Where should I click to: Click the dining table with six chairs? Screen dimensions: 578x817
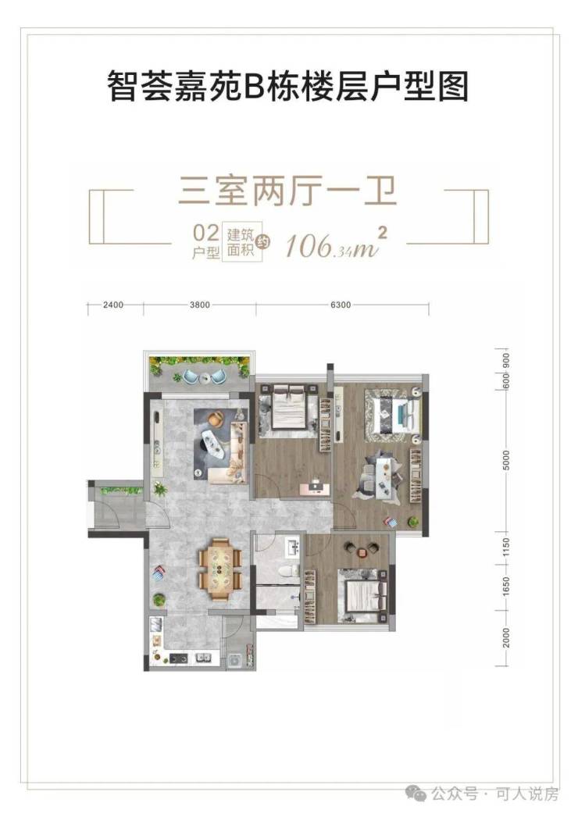tap(220, 568)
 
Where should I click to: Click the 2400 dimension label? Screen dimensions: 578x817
tap(113, 305)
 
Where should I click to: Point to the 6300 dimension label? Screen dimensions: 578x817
tap(340, 305)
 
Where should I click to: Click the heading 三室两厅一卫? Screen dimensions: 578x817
tap(288, 191)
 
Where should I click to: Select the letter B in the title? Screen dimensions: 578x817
tap(253, 87)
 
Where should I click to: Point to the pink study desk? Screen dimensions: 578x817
tap(315, 487)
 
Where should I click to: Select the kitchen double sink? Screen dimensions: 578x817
tap(204, 658)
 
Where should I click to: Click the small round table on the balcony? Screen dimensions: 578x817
tap(204, 378)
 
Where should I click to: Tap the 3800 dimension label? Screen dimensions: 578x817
tap(200, 305)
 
